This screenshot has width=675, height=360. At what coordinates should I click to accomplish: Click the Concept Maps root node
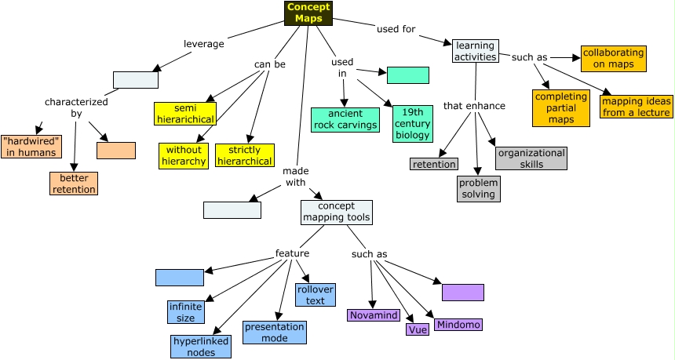click(x=308, y=13)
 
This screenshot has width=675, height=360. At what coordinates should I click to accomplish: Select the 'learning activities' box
click(x=475, y=51)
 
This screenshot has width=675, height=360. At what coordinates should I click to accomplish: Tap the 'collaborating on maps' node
click(x=613, y=59)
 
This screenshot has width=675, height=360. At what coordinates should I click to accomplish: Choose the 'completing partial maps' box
click(x=560, y=108)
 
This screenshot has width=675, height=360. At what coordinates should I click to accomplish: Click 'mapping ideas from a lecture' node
click(x=637, y=106)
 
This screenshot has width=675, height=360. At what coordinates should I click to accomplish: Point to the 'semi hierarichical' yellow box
click(x=184, y=114)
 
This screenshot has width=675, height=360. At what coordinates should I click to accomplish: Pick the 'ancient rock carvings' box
click(x=345, y=119)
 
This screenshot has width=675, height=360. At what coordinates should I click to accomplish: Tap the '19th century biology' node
click(x=412, y=123)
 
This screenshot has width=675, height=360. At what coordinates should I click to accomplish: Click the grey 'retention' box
click(x=434, y=164)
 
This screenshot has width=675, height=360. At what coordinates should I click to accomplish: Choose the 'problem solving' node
click(x=478, y=188)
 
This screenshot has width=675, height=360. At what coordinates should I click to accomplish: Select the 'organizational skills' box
click(x=531, y=158)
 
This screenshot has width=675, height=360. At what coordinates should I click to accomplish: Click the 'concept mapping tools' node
click(x=336, y=212)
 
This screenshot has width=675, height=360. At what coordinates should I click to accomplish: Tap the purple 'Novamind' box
click(x=374, y=315)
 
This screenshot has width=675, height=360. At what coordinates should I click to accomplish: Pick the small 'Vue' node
click(x=417, y=329)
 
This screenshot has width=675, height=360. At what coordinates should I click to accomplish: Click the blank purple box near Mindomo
click(x=462, y=293)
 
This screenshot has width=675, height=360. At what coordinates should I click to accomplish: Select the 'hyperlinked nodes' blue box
click(x=201, y=347)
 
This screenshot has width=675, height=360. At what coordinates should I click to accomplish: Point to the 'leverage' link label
click(x=203, y=44)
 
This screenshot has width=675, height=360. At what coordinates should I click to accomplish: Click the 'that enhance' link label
click(x=474, y=106)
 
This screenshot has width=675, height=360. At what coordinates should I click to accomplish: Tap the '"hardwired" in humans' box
click(x=29, y=147)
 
